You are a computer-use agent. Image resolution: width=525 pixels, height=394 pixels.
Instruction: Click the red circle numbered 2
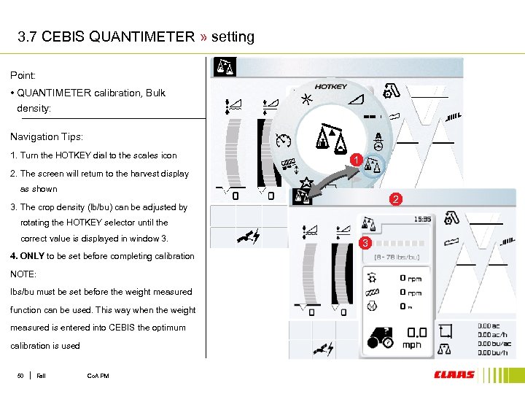pyautogui.click(x=395, y=199)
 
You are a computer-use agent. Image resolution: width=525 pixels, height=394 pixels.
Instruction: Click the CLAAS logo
pyautogui.click(x=454, y=375)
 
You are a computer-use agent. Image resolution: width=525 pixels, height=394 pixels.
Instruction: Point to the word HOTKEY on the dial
pyautogui.click(x=331, y=87)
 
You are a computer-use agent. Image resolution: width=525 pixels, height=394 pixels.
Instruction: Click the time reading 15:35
pyautogui.click(x=422, y=217)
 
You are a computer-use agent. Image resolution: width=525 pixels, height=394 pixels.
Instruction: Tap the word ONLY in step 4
pyautogui.click(x=32, y=256)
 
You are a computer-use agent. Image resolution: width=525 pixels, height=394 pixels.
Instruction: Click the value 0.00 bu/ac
pyautogui.click(x=494, y=343)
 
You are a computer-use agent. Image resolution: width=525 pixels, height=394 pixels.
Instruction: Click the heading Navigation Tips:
pyautogui.click(x=47, y=136)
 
